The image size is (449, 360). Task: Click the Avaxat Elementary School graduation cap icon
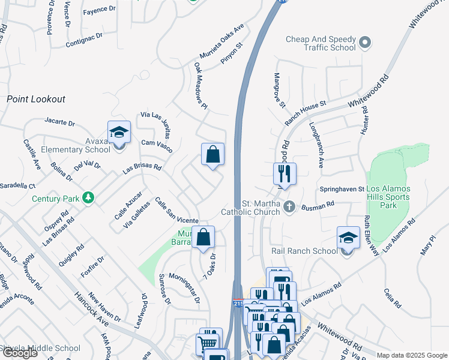(119, 132)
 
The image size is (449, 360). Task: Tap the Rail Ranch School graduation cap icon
(348, 238)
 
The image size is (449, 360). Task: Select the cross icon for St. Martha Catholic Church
(289, 207)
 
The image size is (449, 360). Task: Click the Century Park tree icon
(88, 197)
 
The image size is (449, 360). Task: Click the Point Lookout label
(36, 99)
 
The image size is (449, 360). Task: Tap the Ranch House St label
(305, 112)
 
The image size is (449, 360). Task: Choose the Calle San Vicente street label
(176, 211)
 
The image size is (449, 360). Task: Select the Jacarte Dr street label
(59, 122)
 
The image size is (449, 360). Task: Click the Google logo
(20, 353)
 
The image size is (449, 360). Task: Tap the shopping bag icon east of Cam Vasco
(212, 154)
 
